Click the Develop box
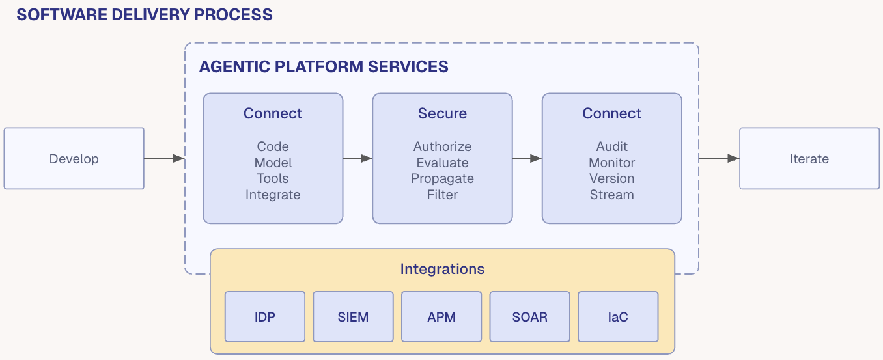pyautogui.click(x=74, y=159)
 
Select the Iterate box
pyautogui.click(x=809, y=159)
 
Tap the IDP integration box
pyautogui.click(x=265, y=317)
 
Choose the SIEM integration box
pyautogui.click(x=353, y=317)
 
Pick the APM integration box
pyautogui.click(x=441, y=317)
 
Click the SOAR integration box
pyautogui.click(x=529, y=317)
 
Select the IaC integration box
pyautogui.click(x=618, y=317)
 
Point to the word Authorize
pyautogui.click(x=442, y=146)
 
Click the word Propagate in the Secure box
pyautogui.click(x=442, y=178)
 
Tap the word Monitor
pyautogui.click(x=611, y=163)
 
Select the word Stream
pyautogui.click(x=611, y=195)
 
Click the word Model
pyautogui.click(x=273, y=163)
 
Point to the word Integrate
pyautogui.click(x=273, y=195)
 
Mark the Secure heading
pyautogui.click(x=442, y=113)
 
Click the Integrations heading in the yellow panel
pyautogui.click(x=442, y=269)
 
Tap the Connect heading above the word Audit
pyautogui.click(x=611, y=113)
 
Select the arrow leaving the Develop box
pyautogui.click(x=164, y=158)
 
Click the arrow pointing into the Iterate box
pyautogui.click(x=719, y=158)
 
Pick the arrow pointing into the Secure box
pyautogui.click(x=357, y=158)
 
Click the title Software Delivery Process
pyautogui.click(x=145, y=15)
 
